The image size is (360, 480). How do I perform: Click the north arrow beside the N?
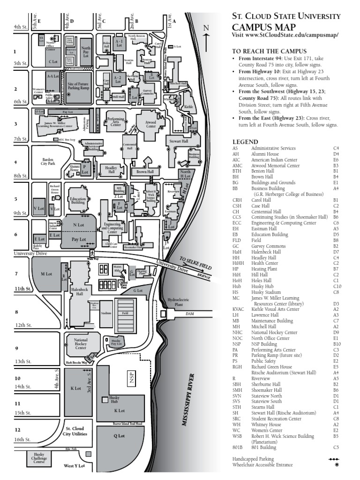[206, 42]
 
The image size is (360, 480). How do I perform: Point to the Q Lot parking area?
[119, 436]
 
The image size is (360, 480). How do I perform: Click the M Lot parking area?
[46, 274]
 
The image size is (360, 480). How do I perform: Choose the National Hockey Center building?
[81, 344]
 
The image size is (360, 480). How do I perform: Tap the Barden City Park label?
[48, 162]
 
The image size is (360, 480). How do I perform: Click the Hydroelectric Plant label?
[177, 302]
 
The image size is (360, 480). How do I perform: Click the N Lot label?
[78, 225]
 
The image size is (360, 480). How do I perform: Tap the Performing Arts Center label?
[115, 122]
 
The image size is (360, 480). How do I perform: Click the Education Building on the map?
[77, 201]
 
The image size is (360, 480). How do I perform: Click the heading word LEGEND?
[245, 142]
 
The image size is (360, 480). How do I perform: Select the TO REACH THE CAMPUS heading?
[269, 51]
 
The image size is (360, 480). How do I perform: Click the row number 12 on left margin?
[17, 430]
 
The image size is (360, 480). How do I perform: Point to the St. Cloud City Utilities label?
[75, 431]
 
